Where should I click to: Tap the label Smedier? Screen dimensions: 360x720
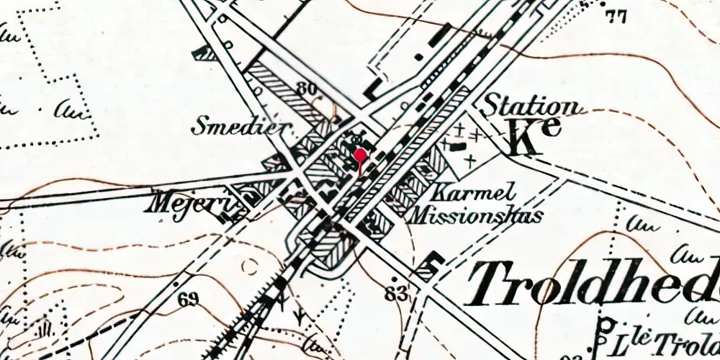(x=241, y=127)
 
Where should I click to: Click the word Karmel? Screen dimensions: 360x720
(x=472, y=193)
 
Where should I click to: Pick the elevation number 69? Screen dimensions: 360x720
(x=189, y=299)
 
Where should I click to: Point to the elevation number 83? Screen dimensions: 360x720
(x=397, y=293)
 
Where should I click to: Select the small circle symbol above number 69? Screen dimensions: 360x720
(x=251, y=267)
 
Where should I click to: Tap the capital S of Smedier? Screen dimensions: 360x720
(x=199, y=127)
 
